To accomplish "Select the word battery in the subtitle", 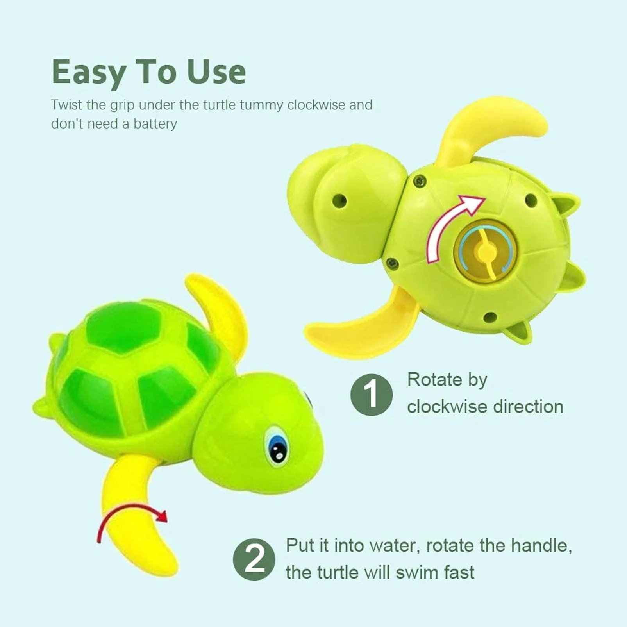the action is pyautogui.click(x=155, y=124).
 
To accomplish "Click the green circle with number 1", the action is pyautogui.click(x=371, y=395).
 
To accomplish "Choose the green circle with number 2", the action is pyautogui.click(x=254, y=559).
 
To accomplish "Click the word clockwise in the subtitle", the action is pyautogui.click(x=316, y=105).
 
